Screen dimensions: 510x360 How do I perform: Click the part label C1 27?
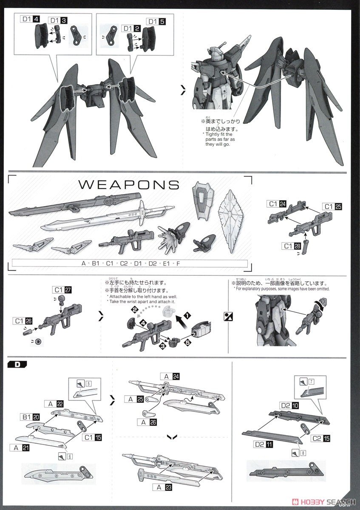(62, 289)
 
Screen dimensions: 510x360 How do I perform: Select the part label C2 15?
(320, 437)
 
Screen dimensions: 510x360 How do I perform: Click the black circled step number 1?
(188, 316)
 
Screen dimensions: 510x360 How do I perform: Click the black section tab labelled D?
(17, 364)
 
